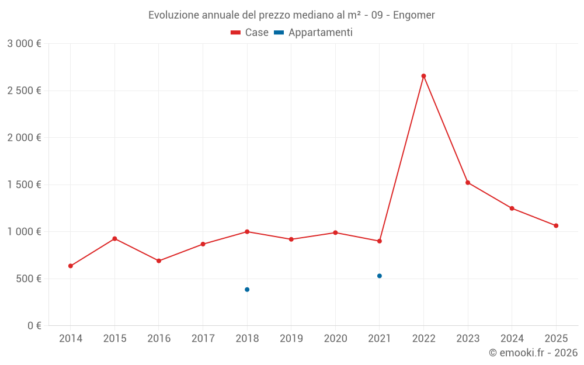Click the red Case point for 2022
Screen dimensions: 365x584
[423, 76]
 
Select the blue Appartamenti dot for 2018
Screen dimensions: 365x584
[247, 290]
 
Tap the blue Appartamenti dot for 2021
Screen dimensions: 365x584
[380, 276]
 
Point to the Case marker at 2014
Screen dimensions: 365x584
[71, 266]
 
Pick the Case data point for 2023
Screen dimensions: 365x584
[468, 183]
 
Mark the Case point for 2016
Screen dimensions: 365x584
[159, 261]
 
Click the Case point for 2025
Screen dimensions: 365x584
[556, 225]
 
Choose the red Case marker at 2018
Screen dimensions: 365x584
[247, 232]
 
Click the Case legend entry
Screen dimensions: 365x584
[250, 33]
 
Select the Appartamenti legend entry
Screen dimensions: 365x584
[314, 33]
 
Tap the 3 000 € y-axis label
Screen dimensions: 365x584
[24, 44]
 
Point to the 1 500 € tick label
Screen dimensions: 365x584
[24, 185]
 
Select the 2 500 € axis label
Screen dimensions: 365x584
[24, 91]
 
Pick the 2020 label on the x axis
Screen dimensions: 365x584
[335, 339]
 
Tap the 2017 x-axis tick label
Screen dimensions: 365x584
[203, 339]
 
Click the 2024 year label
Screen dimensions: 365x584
[512, 339]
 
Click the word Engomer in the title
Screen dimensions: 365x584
[413, 15]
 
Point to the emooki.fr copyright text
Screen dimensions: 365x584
[533, 353]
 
